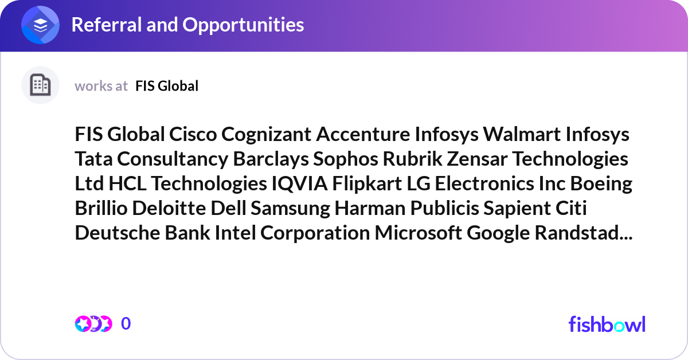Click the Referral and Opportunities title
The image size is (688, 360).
pyautogui.click(x=187, y=25)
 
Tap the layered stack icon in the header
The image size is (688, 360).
pyautogui.click(x=41, y=25)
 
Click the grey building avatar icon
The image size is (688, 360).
pyautogui.click(x=40, y=85)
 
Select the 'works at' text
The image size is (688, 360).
pyautogui.click(x=101, y=86)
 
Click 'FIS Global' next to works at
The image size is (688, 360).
pyautogui.click(x=167, y=86)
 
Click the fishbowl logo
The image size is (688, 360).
pyautogui.click(x=607, y=324)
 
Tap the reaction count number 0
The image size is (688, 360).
pyautogui.click(x=126, y=324)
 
